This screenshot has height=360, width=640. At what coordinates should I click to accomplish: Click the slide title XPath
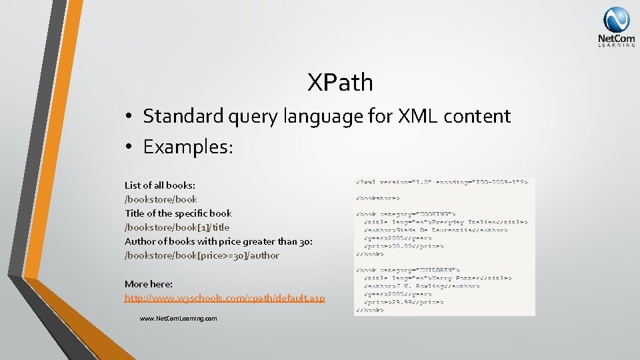coord(340,83)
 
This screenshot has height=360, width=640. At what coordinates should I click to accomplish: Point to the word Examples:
coord(188,147)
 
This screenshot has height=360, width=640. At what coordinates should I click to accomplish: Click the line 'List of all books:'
coord(160,185)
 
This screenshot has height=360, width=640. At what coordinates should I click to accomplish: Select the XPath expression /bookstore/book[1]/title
coord(177,227)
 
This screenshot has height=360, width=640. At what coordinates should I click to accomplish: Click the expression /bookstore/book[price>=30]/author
coord(202,255)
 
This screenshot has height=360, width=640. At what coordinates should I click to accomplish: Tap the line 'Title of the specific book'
coord(178,213)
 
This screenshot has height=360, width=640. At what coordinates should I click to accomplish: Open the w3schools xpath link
coord(225,298)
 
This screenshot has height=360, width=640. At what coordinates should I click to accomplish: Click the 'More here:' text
coord(148,284)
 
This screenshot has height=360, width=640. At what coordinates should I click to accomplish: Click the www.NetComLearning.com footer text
coord(178,319)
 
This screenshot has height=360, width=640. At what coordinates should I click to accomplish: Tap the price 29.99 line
coord(403,302)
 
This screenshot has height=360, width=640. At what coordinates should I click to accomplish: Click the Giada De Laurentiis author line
coord(435,230)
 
